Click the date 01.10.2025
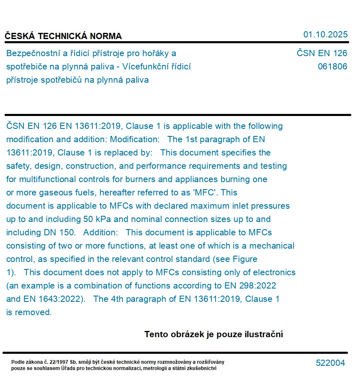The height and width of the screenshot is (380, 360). point(325,35)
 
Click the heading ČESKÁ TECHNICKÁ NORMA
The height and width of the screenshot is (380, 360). point(63,36)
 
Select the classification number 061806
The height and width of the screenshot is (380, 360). point(332,67)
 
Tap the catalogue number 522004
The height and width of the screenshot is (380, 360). point(330,363)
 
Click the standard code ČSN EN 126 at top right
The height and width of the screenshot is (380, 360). point(322,53)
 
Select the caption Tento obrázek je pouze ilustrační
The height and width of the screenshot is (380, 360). point(214,334)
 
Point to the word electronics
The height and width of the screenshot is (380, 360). point(274,272)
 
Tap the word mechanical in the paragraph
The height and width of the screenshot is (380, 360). point(272,246)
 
